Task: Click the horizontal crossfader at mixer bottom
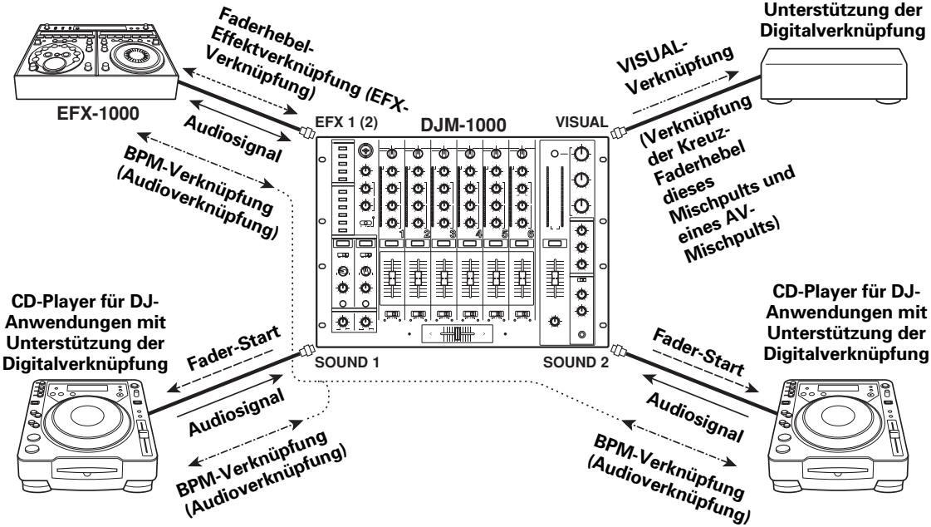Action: (x=453, y=332)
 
